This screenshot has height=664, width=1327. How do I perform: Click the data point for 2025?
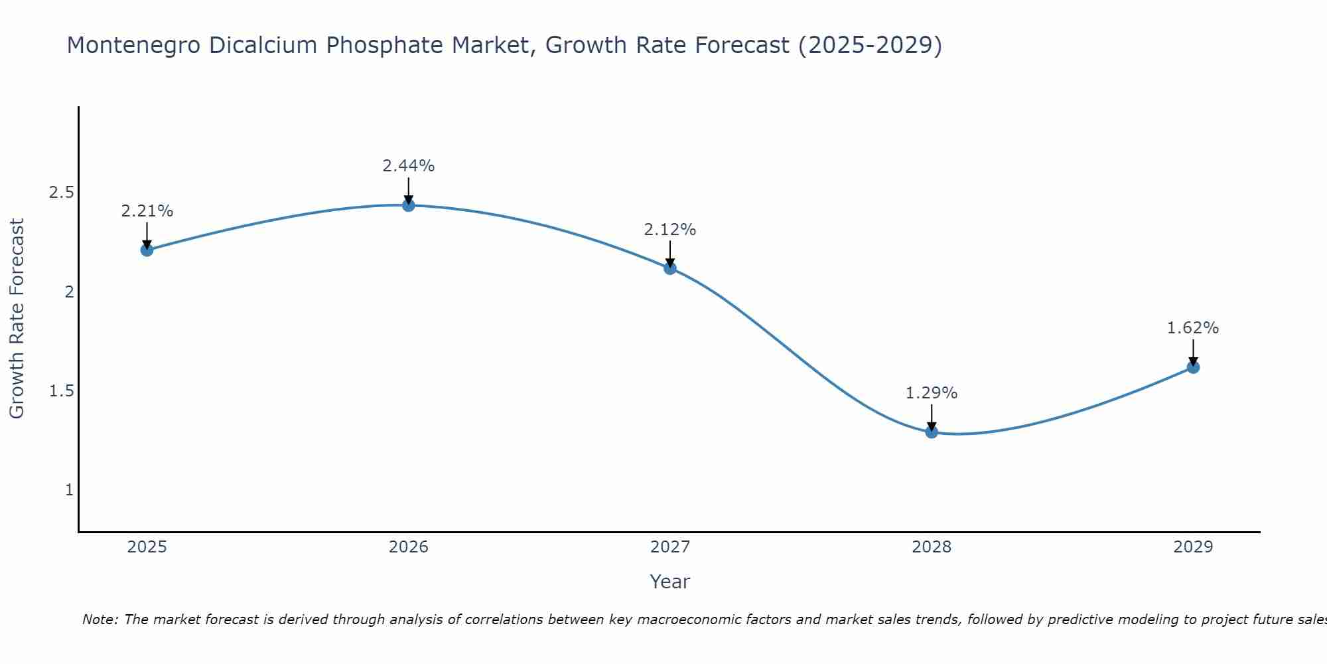[x=147, y=250]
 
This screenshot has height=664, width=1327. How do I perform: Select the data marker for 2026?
[x=409, y=205]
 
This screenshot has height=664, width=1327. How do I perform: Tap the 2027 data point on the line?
[x=670, y=268]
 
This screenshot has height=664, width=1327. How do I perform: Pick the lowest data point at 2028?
[x=932, y=432]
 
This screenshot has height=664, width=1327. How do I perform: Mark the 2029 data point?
[x=1193, y=367]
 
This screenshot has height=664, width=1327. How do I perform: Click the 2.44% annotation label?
[x=409, y=166]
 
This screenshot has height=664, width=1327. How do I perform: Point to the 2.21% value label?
[x=147, y=211]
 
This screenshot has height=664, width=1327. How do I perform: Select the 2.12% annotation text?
[x=670, y=230]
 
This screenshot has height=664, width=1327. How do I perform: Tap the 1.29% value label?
[x=932, y=393]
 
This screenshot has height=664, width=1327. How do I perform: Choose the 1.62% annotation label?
[x=1193, y=328]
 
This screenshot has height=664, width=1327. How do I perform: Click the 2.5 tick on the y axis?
[x=62, y=193]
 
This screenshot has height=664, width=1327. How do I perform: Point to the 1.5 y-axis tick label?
[x=62, y=390]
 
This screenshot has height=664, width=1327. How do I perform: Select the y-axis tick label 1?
[x=69, y=490]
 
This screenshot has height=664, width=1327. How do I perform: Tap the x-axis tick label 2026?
[x=409, y=547]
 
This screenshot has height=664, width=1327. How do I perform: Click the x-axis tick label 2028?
[x=932, y=547]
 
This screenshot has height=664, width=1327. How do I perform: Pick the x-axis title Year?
[x=670, y=582]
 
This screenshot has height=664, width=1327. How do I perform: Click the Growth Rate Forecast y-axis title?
[x=17, y=319]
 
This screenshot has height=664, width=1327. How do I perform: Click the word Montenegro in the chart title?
[x=133, y=45]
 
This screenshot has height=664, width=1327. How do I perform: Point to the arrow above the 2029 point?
[x=1193, y=352]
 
